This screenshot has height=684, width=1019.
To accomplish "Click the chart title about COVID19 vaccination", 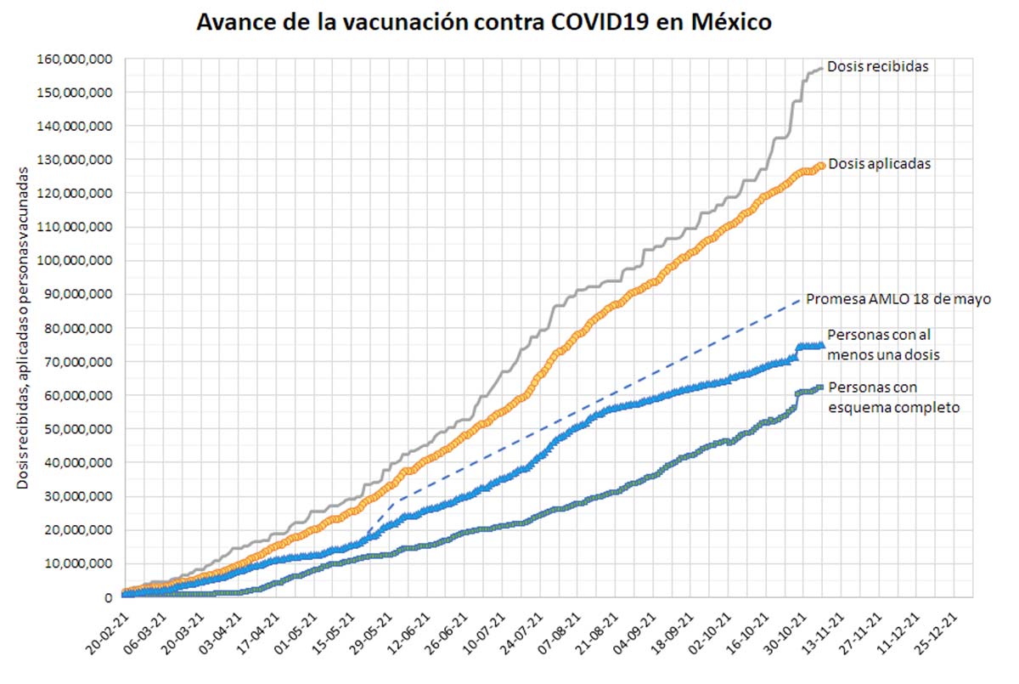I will coord(484,22).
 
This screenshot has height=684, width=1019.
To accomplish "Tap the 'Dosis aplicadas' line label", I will coord(879,164).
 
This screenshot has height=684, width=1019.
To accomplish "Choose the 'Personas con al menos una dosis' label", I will coord(883,345).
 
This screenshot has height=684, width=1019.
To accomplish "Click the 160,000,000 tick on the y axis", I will coord(76,59).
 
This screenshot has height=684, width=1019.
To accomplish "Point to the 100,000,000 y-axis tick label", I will coord(76,261).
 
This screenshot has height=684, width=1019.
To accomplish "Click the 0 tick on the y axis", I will coord(109,597).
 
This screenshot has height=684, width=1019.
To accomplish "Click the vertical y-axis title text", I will coord(24,327).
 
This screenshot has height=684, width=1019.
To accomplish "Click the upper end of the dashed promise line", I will coord(799,299).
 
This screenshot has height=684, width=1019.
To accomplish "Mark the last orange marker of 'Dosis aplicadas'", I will coord(821,166).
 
